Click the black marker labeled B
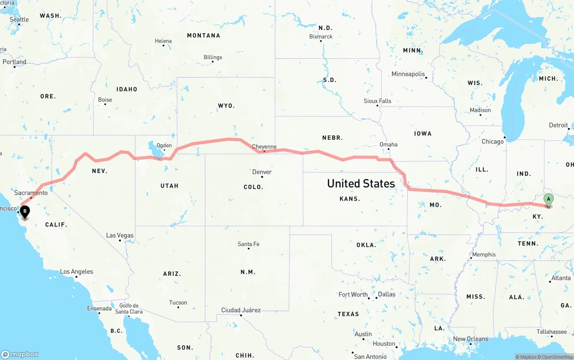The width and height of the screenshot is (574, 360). pos(25,211)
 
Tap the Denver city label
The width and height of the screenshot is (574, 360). pos(262,172)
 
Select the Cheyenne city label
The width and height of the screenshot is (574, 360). pos(264,147)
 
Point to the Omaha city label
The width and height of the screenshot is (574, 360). pos(388,144)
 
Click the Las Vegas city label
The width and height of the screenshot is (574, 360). pos(120,235)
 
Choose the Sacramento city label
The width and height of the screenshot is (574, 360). pos(31,193)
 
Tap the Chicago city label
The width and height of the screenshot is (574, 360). pos(492,142)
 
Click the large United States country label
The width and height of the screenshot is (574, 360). pos(361,183)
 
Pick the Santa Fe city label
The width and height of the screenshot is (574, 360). pos(248,244)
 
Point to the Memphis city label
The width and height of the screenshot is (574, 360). pos(484,254)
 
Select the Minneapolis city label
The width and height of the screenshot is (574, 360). pos(408,74)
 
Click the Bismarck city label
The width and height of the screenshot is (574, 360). pos(321,36)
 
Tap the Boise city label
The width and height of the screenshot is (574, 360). pos(105,100)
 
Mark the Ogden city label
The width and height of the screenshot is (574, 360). pos(164,145)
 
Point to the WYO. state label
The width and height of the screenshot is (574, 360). pos(226,106)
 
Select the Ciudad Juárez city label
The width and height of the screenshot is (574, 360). pos(241,310)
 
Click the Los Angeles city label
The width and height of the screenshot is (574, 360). pos(77,271)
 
